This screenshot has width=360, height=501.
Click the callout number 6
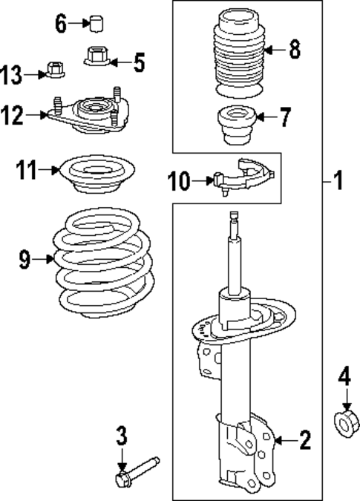(x=61, y=23)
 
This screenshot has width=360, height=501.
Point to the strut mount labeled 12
(x=88, y=113)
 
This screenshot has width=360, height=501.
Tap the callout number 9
(x=25, y=258)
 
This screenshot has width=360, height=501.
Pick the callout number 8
(x=294, y=50)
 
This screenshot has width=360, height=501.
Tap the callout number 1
(x=338, y=180)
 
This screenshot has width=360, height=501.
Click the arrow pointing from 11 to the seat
(x=50, y=170)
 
